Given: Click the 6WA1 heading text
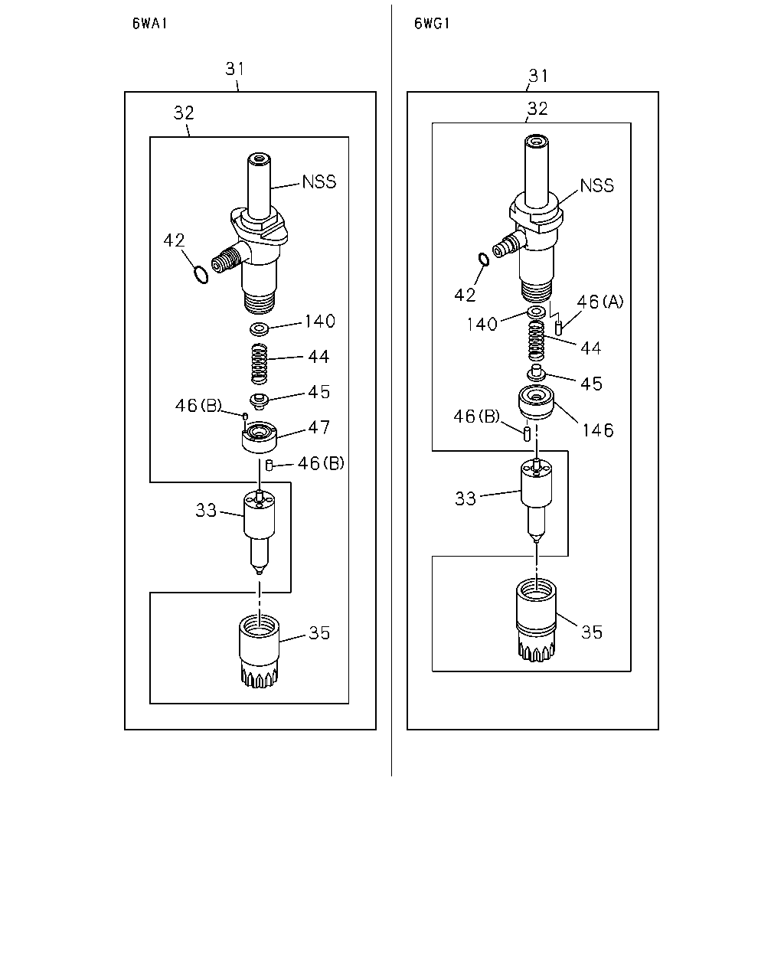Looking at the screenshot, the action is (149, 23).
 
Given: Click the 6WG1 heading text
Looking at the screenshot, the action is (431, 23).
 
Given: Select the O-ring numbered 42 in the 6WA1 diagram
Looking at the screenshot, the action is (201, 276).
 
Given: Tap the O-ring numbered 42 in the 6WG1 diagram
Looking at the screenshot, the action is (484, 260).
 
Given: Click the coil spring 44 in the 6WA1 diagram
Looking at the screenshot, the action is (260, 364).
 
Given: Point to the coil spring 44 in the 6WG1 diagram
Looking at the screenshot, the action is (536, 341).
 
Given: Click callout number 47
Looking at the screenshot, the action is (318, 427).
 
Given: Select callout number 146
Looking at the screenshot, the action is (598, 430).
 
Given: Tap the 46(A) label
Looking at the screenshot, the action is (600, 302).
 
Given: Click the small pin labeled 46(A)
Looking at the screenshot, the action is (558, 327).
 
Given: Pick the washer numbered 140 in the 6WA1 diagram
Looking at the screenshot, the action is (260, 328).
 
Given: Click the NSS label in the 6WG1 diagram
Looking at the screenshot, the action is (596, 185).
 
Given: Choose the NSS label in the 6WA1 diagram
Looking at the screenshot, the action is (319, 181).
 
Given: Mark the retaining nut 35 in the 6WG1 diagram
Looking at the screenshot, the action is (536, 622).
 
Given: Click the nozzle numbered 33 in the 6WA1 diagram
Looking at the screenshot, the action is (260, 531).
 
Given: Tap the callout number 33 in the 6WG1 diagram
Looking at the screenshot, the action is (465, 498).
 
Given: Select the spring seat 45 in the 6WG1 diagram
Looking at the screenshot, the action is (536, 373).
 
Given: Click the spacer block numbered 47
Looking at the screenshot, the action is (260, 436).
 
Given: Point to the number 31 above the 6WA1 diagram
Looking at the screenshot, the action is (235, 69).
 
